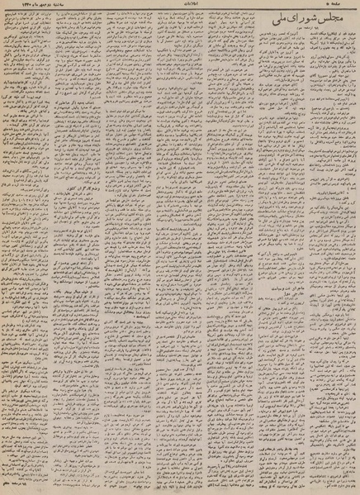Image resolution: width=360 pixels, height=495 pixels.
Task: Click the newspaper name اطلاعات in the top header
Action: point(181,6)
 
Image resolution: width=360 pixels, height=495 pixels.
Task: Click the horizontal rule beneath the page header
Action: point(180,11)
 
